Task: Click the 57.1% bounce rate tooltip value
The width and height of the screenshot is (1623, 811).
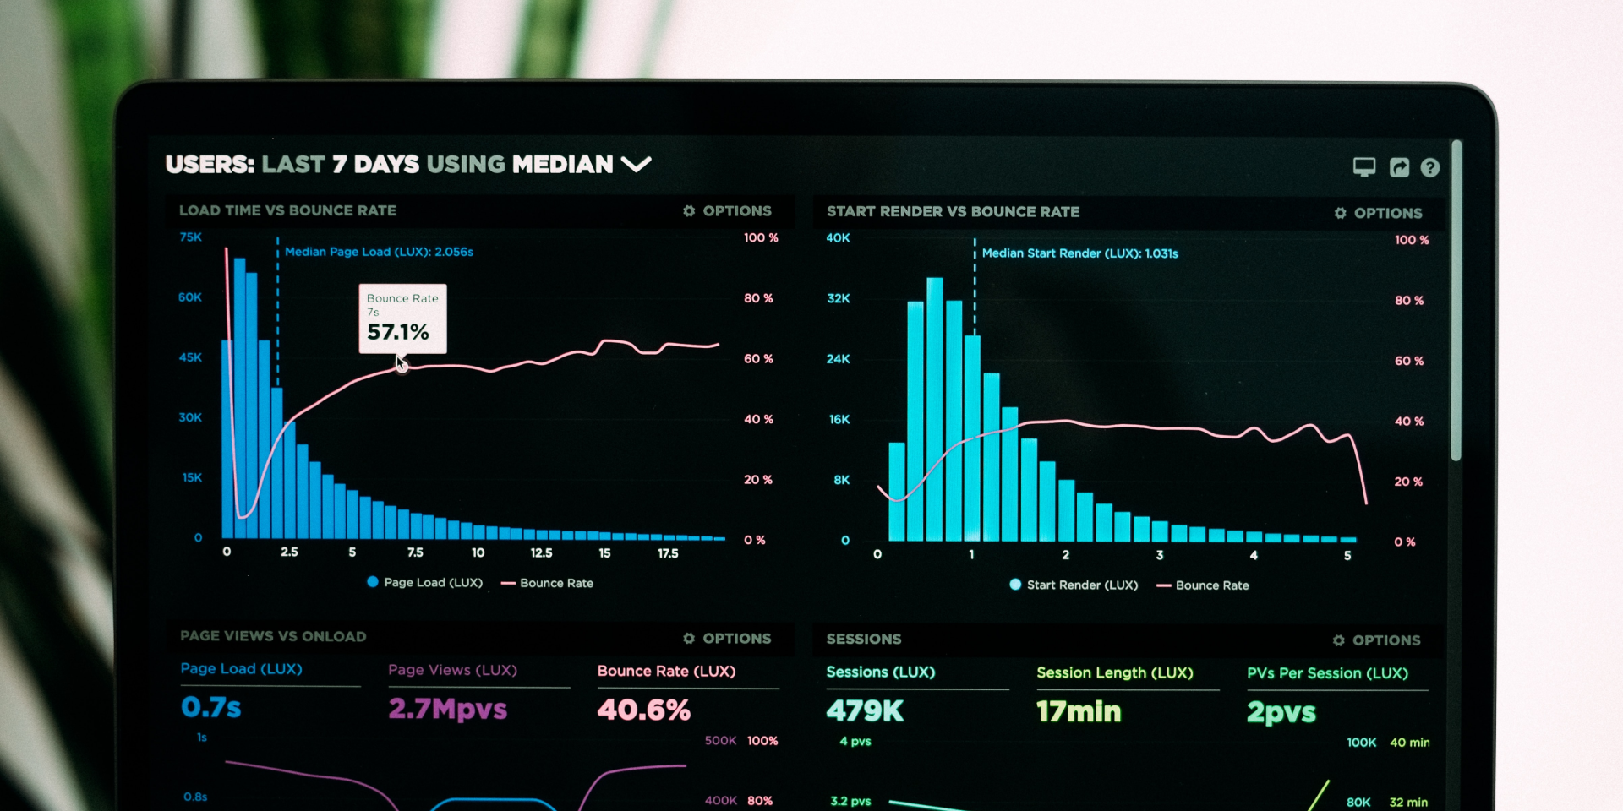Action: pyautogui.click(x=397, y=332)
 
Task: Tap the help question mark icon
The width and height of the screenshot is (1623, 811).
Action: pyautogui.click(x=1429, y=167)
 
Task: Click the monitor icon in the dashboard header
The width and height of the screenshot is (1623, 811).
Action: pyautogui.click(x=1363, y=166)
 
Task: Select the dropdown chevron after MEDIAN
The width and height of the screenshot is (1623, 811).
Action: pyautogui.click(x=636, y=164)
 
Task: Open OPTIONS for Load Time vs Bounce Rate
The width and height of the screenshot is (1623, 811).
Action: pyautogui.click(x=728, y=210)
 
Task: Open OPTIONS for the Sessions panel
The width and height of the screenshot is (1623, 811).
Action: pyautogui.click(x=1377, y=640)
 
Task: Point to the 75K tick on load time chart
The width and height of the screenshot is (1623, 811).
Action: pyautogui.click(x=191, y=237)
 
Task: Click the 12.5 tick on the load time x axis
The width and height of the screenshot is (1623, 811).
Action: pyautogui.click(x=541, y=552)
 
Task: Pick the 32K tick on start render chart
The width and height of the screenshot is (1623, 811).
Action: pyautogui.click(x=839, y=298)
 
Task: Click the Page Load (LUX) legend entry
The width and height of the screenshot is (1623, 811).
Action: pyautogui.click(x=424, y=582)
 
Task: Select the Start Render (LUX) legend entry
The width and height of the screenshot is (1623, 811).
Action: pyautogui.click(x=1074, y=585)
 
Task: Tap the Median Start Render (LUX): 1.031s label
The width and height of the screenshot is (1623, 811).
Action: pyautogui.click(x=1079, y=253)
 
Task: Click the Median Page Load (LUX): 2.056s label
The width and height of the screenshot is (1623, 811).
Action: pyautogui.click(x=379, y=252)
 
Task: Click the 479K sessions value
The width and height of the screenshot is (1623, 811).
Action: pyautogui.click(x=865, y=711)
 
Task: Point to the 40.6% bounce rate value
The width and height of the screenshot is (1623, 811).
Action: pyautogui.click(x=643, y=710)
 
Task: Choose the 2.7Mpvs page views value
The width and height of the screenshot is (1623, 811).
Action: pyautogui.click(x=447, y=708)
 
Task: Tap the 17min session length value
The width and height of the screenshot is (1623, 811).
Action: pyautogui.click(x=1079, y=711)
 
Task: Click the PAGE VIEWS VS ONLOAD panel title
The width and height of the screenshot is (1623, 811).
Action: pyautogui.click(x=273, y=636)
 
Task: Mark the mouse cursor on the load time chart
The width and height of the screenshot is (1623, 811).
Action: pyautogui.click(x=402, y=364)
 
